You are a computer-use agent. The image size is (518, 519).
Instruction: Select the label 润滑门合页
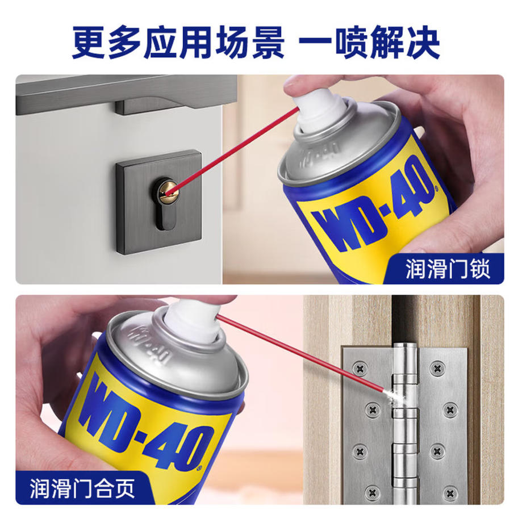pyautogui.click(x=82, y=488)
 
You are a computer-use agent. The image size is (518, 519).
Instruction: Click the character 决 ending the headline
pyautogui.click(x=423, y=43)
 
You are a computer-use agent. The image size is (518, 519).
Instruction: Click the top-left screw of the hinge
pyautogui.click(x=360, y=367)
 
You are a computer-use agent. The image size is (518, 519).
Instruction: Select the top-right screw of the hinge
pyautogui.click(x=437, y=367)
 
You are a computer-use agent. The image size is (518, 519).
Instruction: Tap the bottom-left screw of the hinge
pyautogui.click(x=373, y=491)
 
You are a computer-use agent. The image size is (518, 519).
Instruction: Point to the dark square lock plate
pyautogui.click(x=159, y=203)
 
